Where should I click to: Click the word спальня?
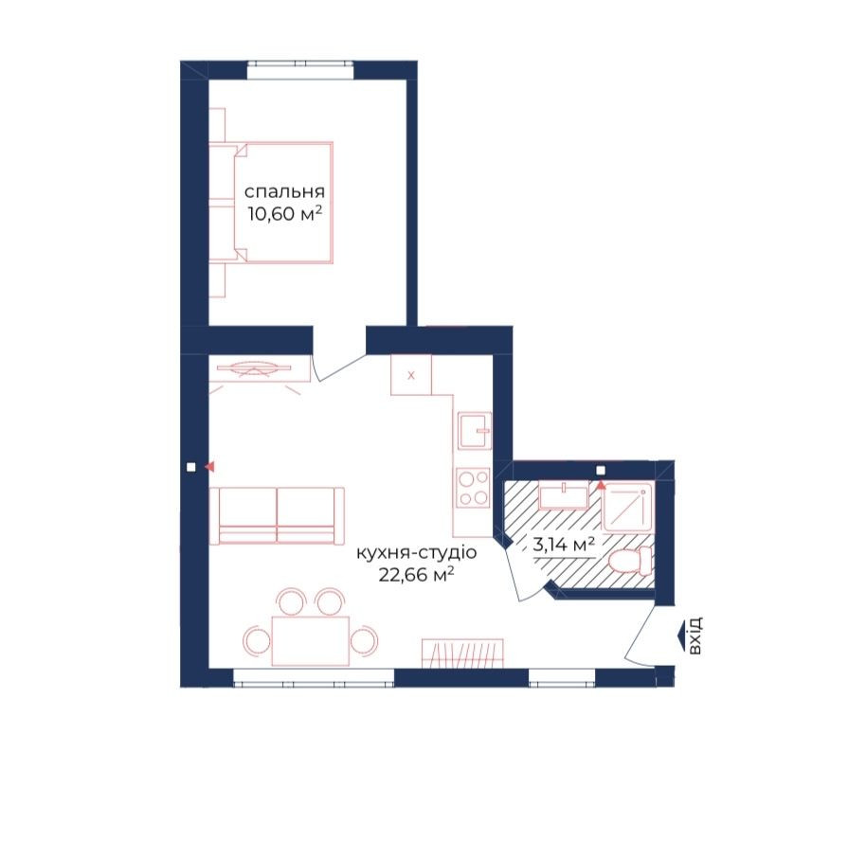284,192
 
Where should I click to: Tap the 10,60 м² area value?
284,214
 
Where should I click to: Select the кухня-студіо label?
417,552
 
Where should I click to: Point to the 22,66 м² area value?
417,575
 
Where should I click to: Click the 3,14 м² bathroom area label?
564,545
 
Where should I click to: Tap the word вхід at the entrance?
695,636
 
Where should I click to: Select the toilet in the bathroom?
631,562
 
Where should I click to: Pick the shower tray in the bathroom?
627,507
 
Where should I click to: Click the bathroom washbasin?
564,495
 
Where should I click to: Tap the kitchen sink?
475,430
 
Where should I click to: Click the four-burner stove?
474,488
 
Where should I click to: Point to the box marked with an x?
411,375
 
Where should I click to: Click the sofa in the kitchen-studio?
277,515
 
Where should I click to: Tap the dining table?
311,641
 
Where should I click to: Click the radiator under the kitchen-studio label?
462,653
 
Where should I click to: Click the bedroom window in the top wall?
300,70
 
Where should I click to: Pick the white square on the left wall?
191,467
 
